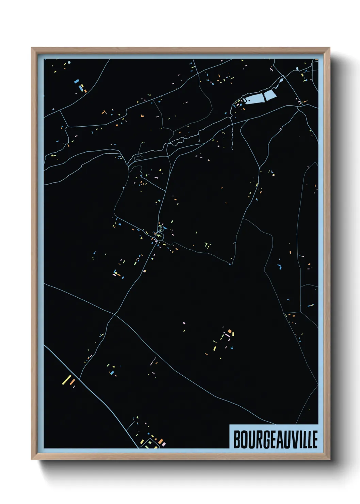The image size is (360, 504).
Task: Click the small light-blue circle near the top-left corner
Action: tap(69, 63)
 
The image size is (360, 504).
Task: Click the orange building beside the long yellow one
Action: tap(72, 382)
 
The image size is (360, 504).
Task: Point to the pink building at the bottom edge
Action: tap(163, 444)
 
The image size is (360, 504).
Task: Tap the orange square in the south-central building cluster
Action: tap(230, 331)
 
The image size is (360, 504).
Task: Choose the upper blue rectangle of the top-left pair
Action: tap(77, 81)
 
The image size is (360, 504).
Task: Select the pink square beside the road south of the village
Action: tap(145, 271)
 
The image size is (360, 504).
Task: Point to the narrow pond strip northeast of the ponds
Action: tap(281, 82)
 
